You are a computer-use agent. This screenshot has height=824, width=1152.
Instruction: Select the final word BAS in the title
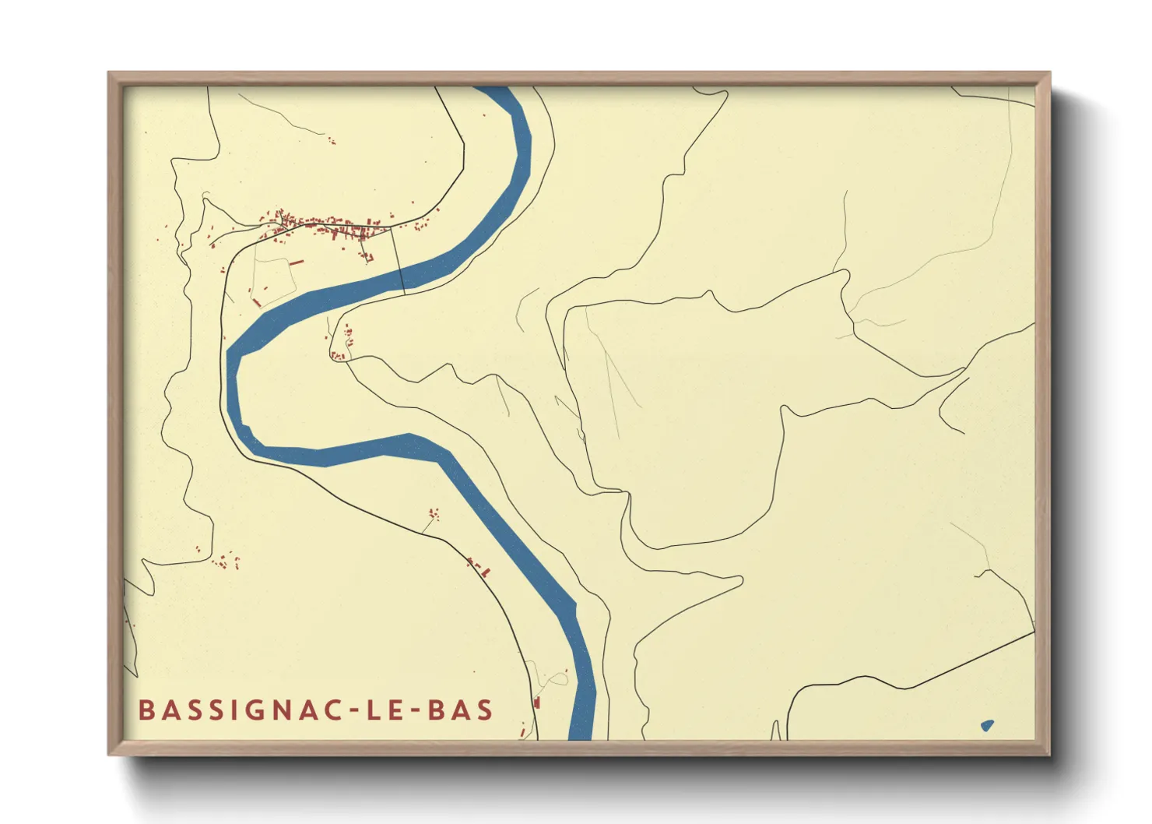point(460,710)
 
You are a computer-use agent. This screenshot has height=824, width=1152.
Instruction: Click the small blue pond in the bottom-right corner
point(987,726)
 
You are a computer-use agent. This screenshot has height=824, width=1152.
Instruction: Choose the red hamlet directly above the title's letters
point(226,559)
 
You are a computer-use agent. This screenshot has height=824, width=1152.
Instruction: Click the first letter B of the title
point(146,710)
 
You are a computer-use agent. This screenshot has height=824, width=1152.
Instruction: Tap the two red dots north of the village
point(332,142)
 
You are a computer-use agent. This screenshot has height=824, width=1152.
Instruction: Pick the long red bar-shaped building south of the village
point(296,263)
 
